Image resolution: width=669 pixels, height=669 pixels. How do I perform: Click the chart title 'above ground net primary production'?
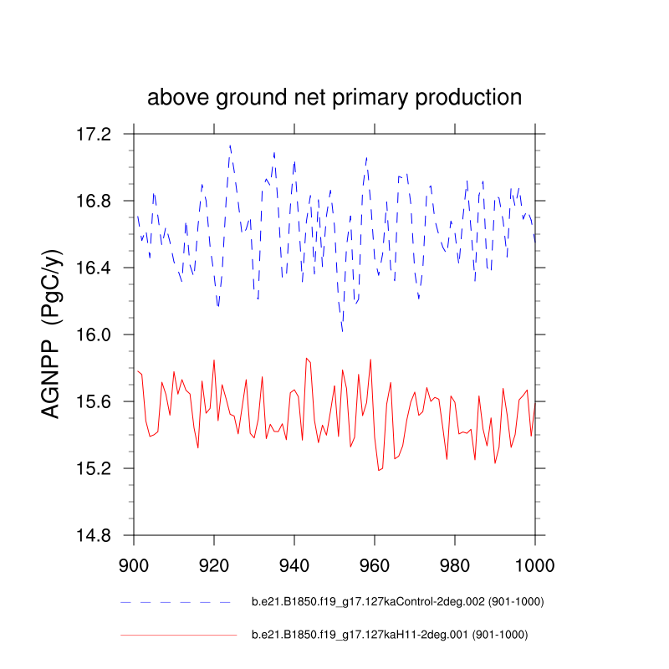[x=334, y=97]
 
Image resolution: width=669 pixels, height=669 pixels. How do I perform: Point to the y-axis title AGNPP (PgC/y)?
[x=52, y=334]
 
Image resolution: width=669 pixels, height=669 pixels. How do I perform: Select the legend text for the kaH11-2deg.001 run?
[x=389, y=635]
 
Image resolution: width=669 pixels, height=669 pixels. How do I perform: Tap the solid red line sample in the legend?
[x=178, y=636]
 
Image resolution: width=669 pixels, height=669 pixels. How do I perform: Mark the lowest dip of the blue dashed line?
[x=342, y=331]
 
